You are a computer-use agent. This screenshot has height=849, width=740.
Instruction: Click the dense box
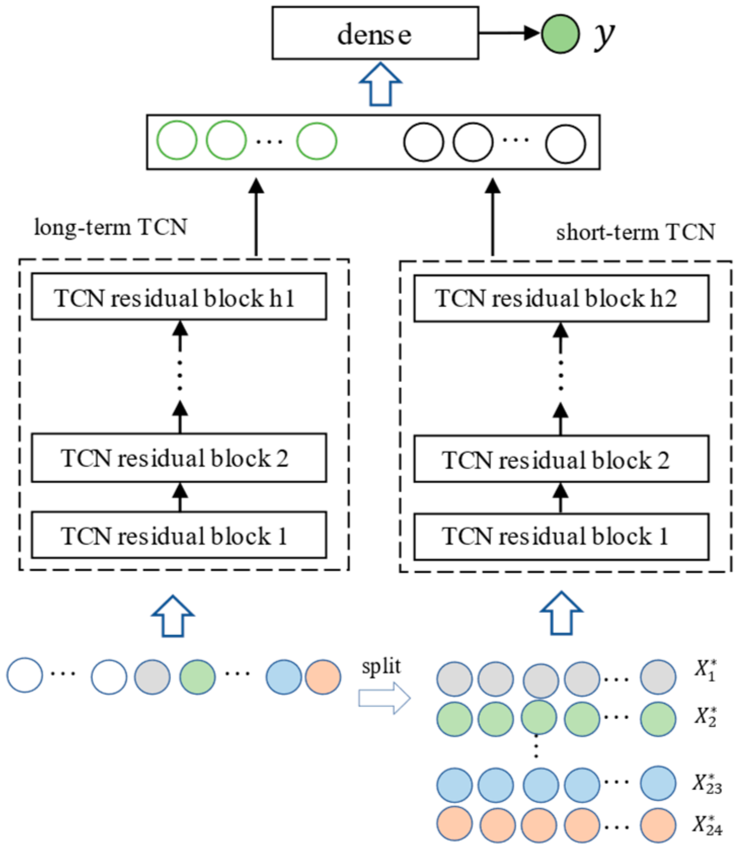(x=375, y=33)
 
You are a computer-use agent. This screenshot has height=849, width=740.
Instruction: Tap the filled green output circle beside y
(x=560, y=34)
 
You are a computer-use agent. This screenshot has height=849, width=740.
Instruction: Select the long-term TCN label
(x=110, y=227)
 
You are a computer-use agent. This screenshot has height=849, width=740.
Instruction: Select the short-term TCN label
(x=635, y=232)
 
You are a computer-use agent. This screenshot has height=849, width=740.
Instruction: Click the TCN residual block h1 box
(x=179, y=297)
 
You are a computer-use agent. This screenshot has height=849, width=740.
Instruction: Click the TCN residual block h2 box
(x=561, y=299)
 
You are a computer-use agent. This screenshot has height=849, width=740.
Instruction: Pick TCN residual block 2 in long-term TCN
(x=179, y=458)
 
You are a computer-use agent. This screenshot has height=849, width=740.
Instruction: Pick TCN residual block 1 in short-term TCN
(x=561, y=537)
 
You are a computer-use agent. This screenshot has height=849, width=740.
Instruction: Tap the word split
(x=381, y=667)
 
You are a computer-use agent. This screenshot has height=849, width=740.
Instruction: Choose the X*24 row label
(x=707, y=824)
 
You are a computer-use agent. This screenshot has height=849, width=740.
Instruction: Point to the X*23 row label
(x=707, y=783)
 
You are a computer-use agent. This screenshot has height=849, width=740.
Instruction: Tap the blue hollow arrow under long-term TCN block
(x=173, y=616)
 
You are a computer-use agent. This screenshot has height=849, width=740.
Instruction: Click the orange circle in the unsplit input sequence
(x=323, y=677)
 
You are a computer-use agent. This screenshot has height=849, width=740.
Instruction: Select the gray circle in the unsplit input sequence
(x=152, y=677)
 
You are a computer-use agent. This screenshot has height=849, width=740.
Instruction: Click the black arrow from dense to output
(x=509, y=33)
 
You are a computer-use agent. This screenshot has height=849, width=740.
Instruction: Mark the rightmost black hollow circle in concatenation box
(x=566, y=144)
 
